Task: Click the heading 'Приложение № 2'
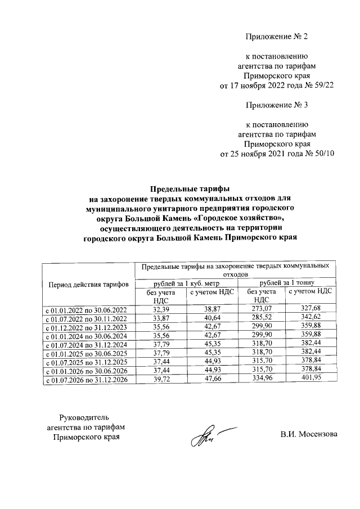click(277, 37)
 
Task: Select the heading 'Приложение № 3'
click(277, 105)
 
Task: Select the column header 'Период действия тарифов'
click(89, 285)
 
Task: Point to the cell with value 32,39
click(161, 309)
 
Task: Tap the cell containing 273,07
click(261, 309)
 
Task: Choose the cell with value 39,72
click(161, 380)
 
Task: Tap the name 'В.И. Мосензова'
click(309, 434)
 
